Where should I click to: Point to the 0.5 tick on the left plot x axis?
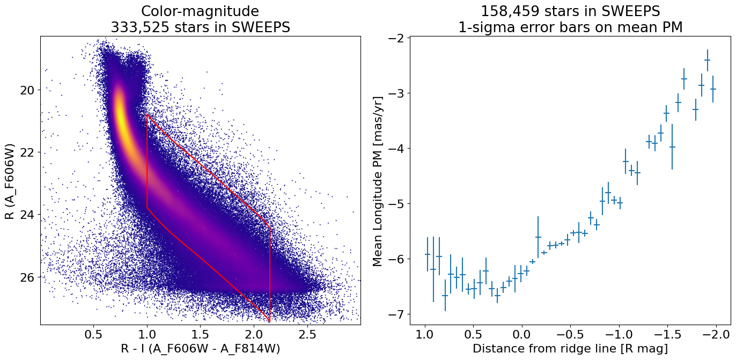(93, 334)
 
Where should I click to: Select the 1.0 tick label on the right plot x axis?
(425, 334)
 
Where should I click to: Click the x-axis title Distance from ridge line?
(570, 349)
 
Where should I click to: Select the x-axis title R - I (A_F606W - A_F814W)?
(200, 349)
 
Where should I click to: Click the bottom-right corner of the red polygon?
(269, 321)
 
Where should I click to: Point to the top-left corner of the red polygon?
(147, 114)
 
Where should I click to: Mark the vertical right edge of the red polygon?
(269, 274)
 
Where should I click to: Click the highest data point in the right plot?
(707, 60)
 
